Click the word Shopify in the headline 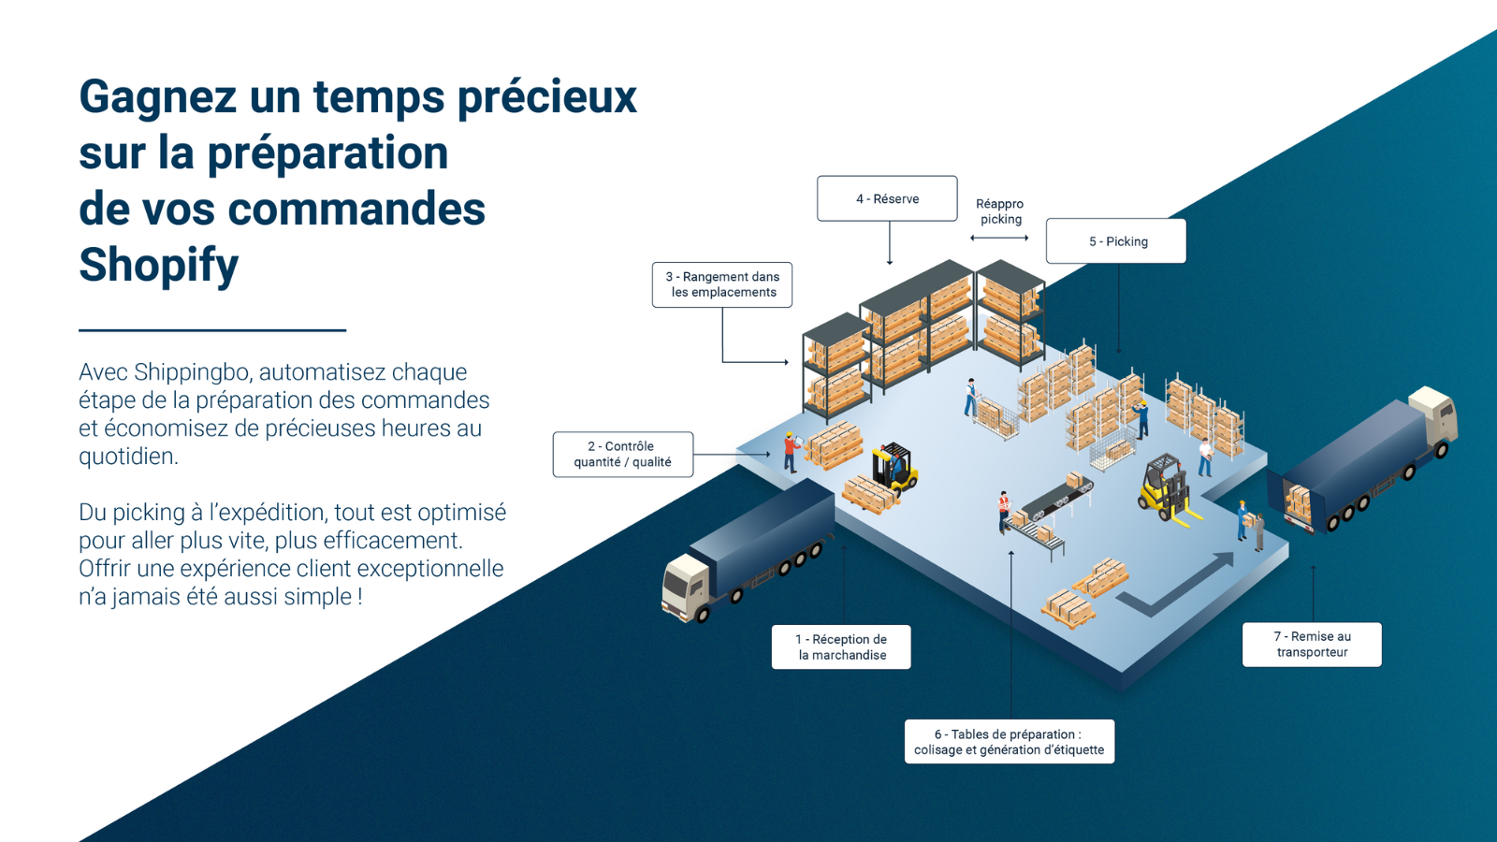158,266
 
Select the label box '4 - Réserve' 887,198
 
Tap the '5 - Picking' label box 1116,241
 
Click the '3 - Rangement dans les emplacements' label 721,284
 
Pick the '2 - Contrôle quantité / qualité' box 623,455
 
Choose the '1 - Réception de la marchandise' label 841,646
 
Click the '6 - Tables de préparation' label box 1010,742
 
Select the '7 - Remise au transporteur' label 1312,645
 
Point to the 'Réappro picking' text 1000,211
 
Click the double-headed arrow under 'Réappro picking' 999,238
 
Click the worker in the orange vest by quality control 791,453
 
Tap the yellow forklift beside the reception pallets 894,467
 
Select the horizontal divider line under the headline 212,330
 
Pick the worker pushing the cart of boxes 971,397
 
